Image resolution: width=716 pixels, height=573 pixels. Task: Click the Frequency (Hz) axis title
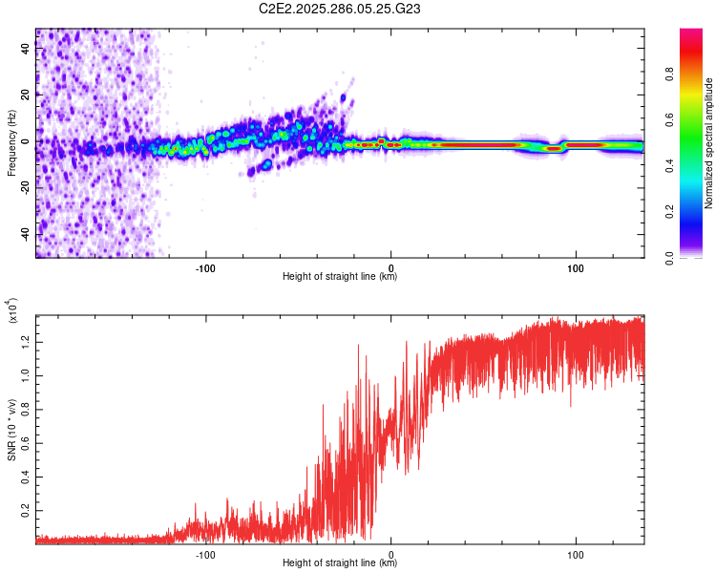point(11,142)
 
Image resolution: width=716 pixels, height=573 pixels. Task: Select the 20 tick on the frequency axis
point(26,95)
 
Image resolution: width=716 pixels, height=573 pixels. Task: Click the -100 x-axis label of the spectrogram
point(206,268)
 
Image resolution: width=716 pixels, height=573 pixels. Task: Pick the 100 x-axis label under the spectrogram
point(576,268)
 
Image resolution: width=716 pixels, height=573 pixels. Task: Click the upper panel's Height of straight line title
point(340,277)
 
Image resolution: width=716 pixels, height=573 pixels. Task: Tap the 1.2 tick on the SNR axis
point(26,341)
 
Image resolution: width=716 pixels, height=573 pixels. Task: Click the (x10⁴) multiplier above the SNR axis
point(13,312)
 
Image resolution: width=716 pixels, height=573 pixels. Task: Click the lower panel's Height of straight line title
point(340,563)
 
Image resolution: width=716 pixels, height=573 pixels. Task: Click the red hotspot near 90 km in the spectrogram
point(553,148)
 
